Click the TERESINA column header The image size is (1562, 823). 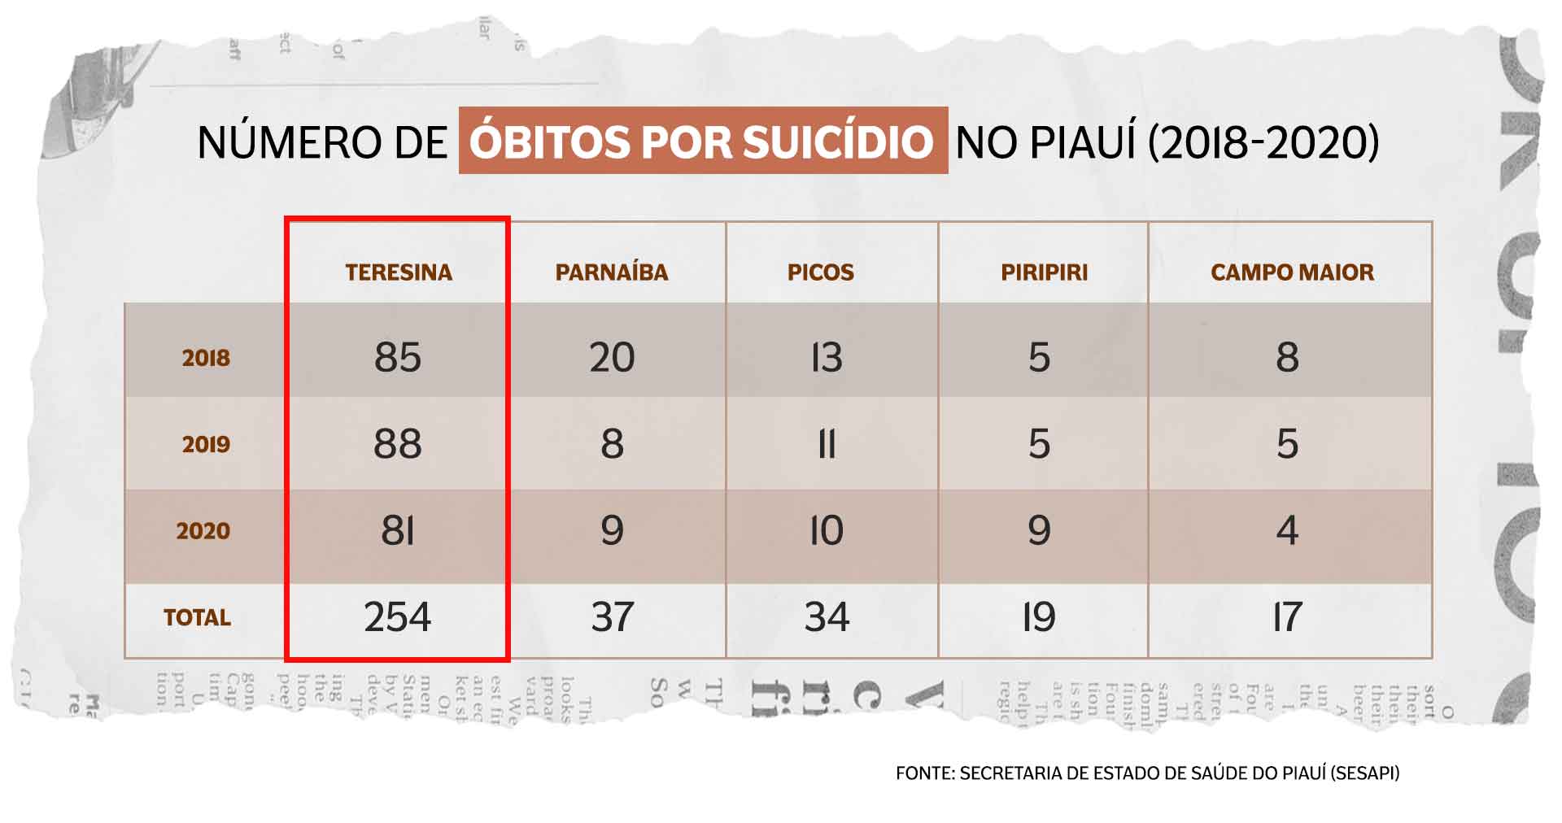[x=399, y=272]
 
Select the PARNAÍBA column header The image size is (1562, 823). [x=612, y=272]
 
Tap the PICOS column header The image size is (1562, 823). [x=821, y=272]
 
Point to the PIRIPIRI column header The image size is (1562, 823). [x=1044, y=272]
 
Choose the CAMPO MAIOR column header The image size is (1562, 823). [x=1292, y=272]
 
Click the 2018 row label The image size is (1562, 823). [x=206, y=358]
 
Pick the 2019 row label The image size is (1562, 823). [x=206, y=444]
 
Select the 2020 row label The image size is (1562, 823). [x=203, y=531]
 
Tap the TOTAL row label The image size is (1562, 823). [x=197, y=617]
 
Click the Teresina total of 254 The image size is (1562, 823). [x=398, y=616]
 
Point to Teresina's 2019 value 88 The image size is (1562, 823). [x=398, y=444]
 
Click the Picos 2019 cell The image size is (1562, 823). [x=827, y=444]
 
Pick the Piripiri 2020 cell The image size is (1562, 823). [x=1039, y=531]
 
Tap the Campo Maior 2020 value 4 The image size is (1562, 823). [x=1287, y=531]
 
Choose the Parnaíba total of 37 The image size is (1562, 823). [x=612, y=616]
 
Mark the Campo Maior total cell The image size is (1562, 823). [x=1287, y=616]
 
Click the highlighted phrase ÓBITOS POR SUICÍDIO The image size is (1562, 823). [x=702, y=142]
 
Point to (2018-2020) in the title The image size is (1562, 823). [x=1263, y=142]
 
